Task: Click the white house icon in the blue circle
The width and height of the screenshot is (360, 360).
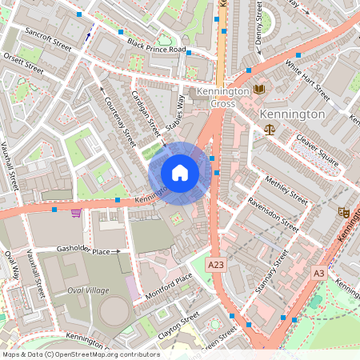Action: (x=180, y=172)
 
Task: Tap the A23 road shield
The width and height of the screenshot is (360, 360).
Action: (x=215, y=264)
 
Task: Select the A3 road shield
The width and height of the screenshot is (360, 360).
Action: (x=319, y=274)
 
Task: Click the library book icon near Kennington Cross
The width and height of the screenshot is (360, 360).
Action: (x=258, y=90)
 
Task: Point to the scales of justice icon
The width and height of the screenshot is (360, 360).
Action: (x=269, y=128)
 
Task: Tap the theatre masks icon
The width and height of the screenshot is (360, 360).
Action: (x=345, y=212)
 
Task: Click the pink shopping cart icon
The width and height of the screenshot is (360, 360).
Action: (x=76, y=213)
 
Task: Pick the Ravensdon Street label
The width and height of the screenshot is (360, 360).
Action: (x=272, y=213)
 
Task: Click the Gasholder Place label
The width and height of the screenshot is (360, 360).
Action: (x=82, y=250)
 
